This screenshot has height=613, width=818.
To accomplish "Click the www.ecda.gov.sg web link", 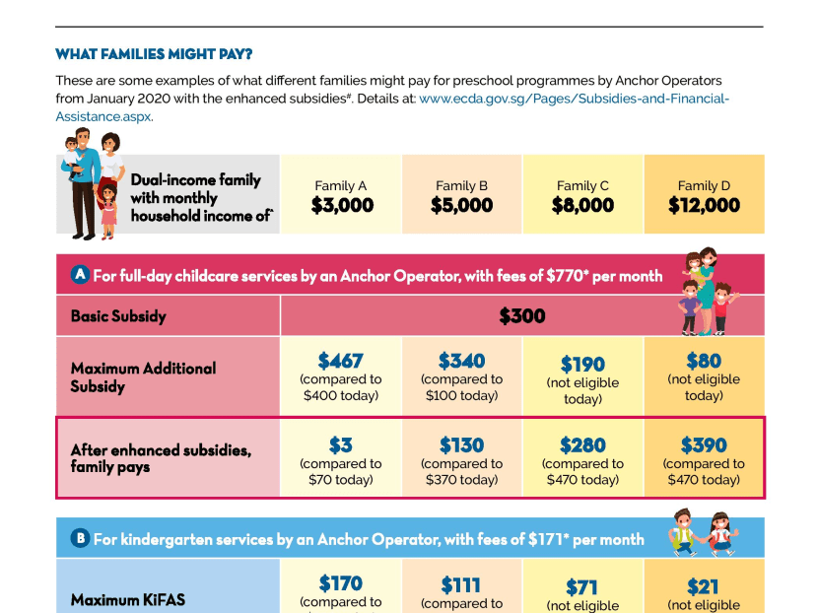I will click(x=574, y=99).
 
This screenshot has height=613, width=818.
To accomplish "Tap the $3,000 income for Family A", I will click(x=341, y=205).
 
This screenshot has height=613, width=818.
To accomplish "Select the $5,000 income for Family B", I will click(x=461, y=205).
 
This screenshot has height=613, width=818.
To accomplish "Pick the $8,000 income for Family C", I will click(x=582, y=205).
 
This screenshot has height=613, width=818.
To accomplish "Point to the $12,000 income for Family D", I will click(x=704, y=205).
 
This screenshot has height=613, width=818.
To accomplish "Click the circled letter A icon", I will click(x=80, y=275).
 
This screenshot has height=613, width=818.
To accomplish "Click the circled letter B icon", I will click(x=80, y=538).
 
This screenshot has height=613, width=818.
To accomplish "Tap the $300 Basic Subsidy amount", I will click(x=521, y=316).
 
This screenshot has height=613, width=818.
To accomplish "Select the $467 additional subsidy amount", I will click(x=341, y=361).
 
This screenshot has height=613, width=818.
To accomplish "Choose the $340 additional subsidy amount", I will click(x=461, y=361).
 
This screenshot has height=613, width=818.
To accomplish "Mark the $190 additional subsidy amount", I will click(x=582, y=365).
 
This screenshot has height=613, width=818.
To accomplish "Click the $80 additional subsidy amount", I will click(x=704, y=361).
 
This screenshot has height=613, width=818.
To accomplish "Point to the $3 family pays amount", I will click(x=341, y=445).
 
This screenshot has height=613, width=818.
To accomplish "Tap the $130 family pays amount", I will click(x=461, y=445).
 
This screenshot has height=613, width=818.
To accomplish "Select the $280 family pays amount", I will click(x=582, y=445).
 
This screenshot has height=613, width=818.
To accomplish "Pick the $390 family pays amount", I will click(x=704, y=445).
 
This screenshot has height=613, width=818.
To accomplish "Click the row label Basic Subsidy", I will click(x=118, y=316).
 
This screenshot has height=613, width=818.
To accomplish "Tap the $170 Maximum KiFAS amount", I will click(x=341, y=582).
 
